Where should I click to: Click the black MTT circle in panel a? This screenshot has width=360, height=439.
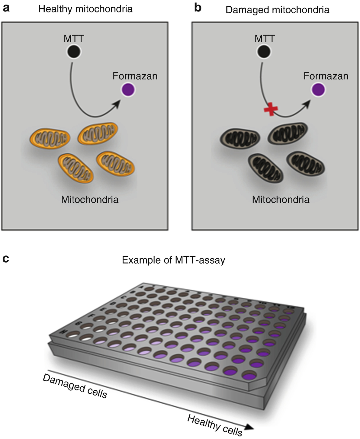[74, 52]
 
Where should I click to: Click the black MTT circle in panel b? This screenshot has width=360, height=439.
[264, 52]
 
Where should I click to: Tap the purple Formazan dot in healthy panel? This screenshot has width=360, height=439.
[128, 90]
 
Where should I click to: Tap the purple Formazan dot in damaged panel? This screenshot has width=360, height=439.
[318, 90]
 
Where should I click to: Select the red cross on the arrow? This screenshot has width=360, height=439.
[271, 110]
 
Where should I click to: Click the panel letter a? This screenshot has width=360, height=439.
[6, 8]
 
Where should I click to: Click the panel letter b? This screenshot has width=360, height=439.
[198, 8]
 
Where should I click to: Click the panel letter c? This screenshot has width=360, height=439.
[5, 259]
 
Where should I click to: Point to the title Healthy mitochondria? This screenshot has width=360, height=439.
[85, 9]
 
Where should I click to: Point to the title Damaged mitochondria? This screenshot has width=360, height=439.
[277, 10]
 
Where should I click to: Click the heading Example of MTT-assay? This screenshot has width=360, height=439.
[173, 260]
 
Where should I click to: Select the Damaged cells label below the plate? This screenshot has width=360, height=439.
[75, 386]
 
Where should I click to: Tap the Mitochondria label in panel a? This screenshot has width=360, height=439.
[90, 200]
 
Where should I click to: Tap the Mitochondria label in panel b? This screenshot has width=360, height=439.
[281, 200]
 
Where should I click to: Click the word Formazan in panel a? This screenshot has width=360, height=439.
[135, 76]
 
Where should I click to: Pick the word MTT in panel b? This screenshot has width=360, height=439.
[265, 39]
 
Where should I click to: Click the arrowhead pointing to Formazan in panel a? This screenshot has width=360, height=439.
[117, 104]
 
